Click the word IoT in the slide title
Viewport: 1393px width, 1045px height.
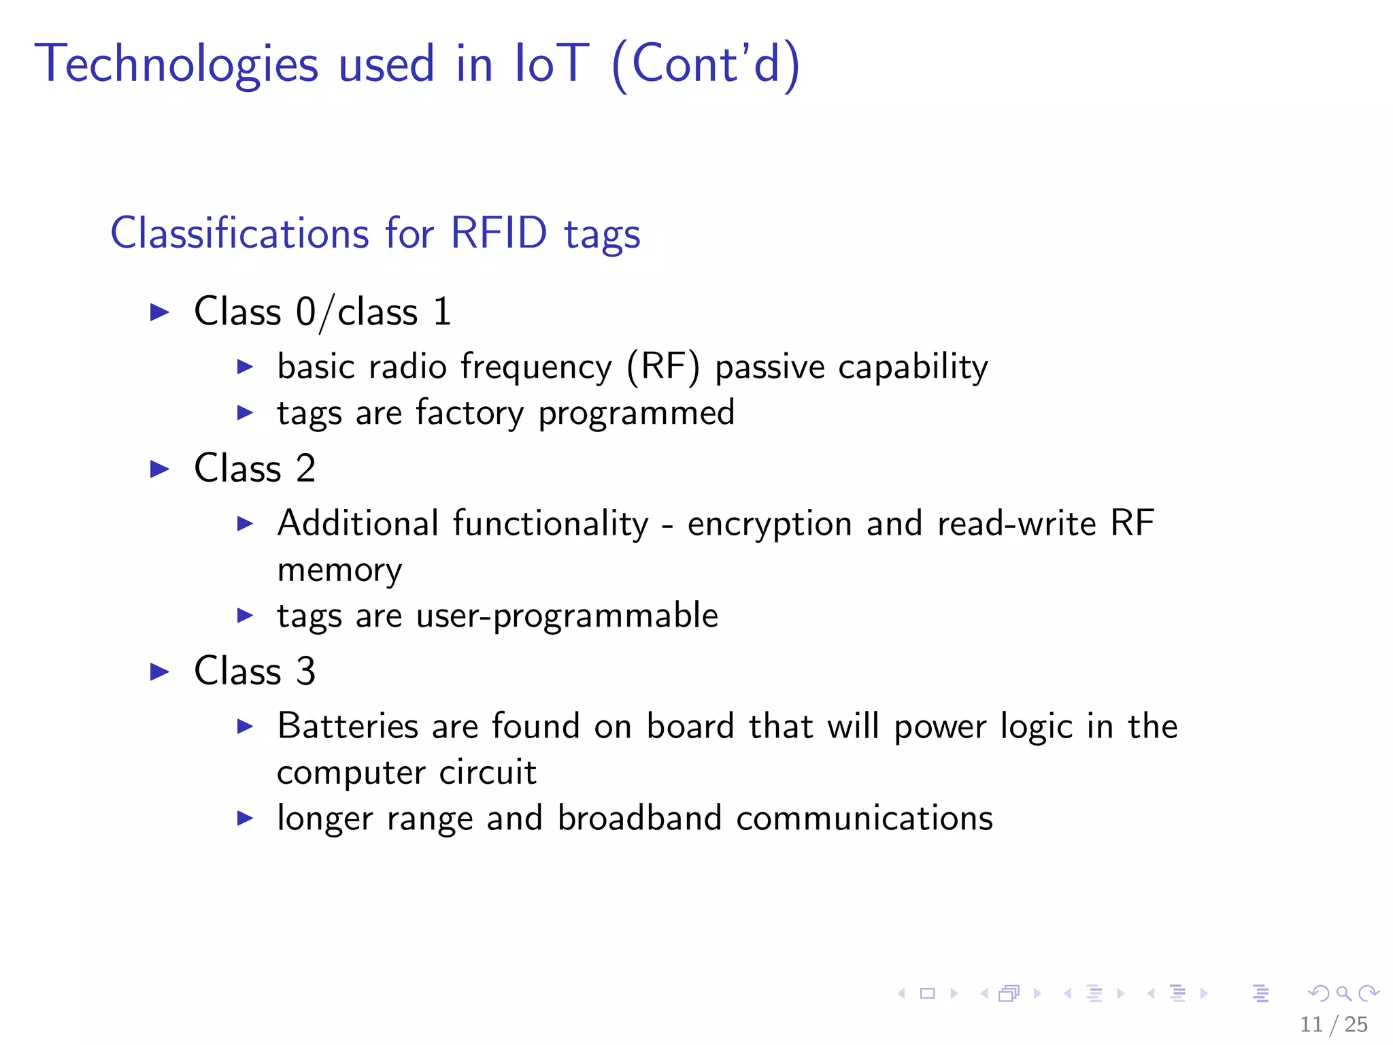[x=551, y=64]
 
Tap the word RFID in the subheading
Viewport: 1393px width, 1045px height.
[x=499, y=233]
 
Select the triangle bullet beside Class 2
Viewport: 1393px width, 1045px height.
[x=159, y=469]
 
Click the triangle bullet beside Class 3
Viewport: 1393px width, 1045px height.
[x=159, y=671]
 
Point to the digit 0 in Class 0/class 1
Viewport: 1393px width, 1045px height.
[x=305, y=312]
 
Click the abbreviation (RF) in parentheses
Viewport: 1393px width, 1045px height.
[x=662, y=367]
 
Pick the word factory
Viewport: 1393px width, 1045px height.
[x=469, y=413]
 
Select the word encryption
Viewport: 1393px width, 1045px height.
[x=769, y=525]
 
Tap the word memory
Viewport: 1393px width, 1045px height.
[x=339, y=570]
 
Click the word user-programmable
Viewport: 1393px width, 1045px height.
[x=567, y=616]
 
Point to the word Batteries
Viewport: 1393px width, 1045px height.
[x=348, y=726]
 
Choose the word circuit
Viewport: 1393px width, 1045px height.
[x=488, y=772]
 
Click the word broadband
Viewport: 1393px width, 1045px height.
[x=639, y=818]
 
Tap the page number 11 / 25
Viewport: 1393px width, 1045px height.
[x=1333, y=1024]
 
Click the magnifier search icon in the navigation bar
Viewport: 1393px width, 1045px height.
[x=1343, y=993]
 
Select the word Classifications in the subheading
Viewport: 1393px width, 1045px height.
[x=239, y=233]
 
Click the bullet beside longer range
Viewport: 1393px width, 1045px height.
[x=245, y=818]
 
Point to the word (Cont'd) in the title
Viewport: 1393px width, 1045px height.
[x=706, y=64]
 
